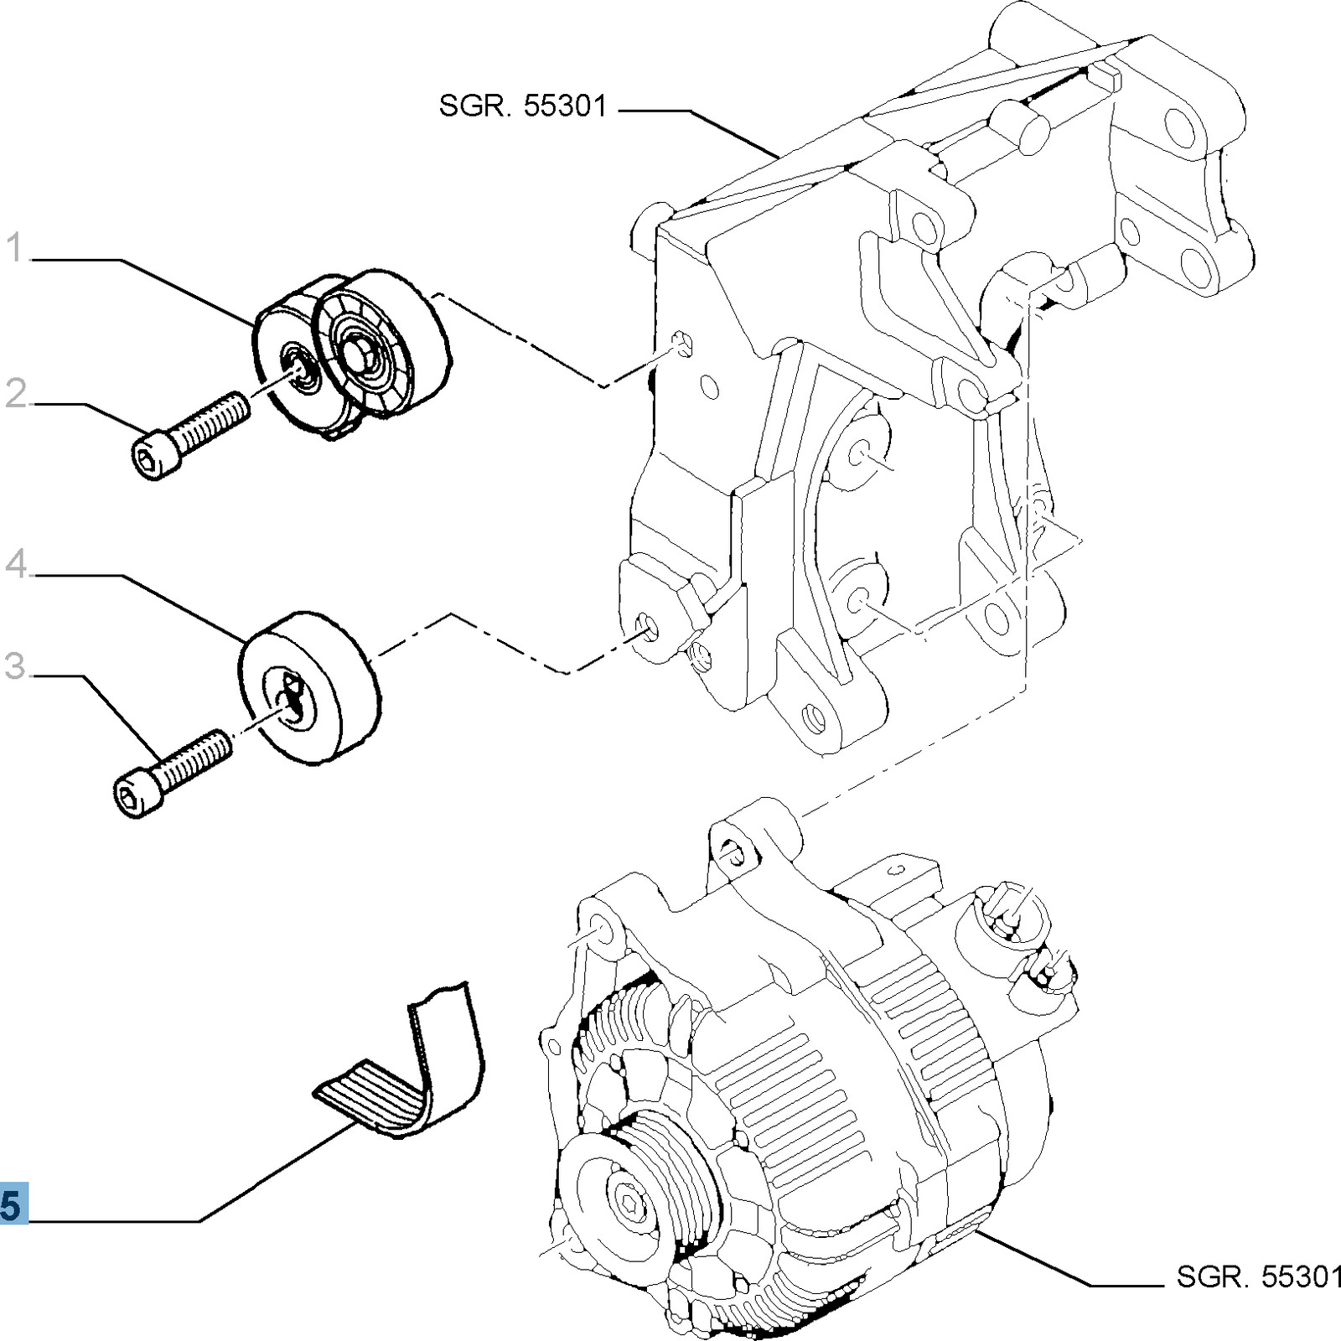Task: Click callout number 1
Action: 16,249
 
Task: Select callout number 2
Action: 16,394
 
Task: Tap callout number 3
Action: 16,667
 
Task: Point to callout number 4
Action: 16,564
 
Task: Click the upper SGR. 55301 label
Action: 522,107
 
